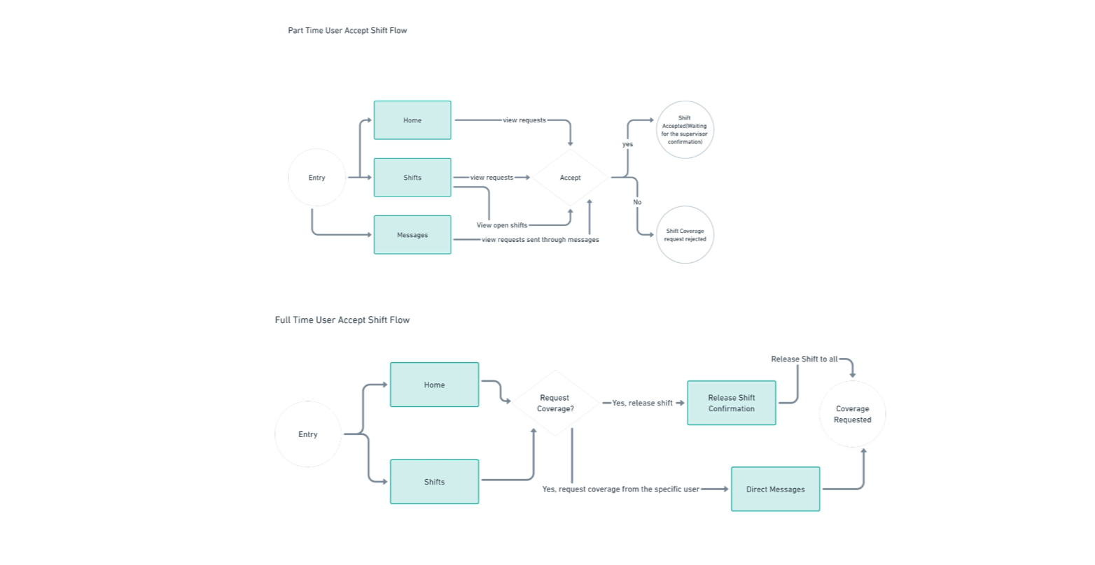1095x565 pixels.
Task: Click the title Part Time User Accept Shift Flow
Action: [347, 31]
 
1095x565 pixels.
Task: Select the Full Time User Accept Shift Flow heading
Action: [342, 320]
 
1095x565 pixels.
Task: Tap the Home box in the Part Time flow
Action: [412, 120]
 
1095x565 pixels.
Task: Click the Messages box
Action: [412, 235]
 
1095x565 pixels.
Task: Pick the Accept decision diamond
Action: [570, 178]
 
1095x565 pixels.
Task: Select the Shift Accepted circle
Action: [685, 130]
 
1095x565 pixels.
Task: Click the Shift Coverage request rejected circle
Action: [685, 235]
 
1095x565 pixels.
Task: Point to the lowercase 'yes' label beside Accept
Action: [627, 145]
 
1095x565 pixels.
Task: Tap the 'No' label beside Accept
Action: [637, 202]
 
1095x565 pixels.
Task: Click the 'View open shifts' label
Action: [502, 225]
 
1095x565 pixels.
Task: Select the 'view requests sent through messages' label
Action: [540, 240]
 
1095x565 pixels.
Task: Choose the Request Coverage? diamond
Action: [555, 403]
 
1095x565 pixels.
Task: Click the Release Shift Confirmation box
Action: [732, 403]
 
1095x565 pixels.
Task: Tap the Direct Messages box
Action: [775, 489]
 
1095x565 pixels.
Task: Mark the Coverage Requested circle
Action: [852, 415]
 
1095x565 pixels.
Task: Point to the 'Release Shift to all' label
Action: [804, 359]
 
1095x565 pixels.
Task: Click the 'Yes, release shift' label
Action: [642, 403]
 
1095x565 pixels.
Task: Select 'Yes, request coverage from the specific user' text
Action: [620, 489]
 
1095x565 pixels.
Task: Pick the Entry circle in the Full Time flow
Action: [308, 434]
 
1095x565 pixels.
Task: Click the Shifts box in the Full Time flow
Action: [434, 482]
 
